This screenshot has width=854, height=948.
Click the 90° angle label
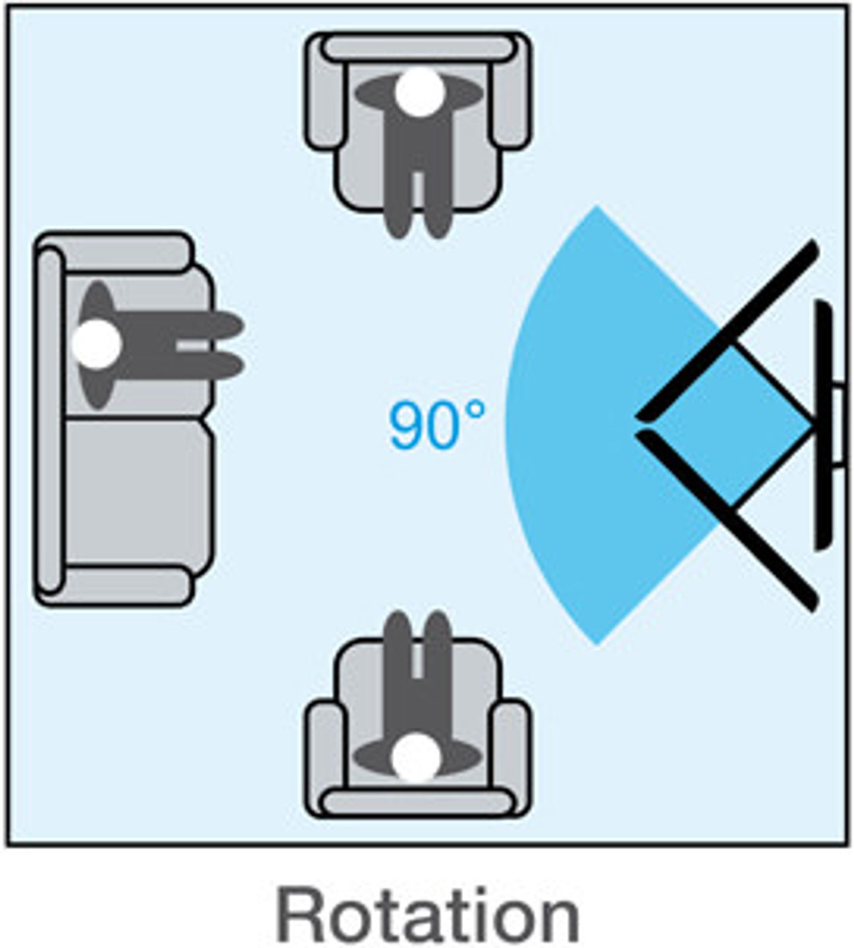coord(437,424)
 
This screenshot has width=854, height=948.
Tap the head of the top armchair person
coord(420,92)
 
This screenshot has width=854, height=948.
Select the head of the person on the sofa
coord(96,344)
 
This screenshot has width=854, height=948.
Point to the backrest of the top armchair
coord(418,48)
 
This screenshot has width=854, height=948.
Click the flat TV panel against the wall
coord(823,426)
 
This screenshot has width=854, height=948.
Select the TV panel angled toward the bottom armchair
coord(728,521)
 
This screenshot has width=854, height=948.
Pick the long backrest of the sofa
coord(49,419)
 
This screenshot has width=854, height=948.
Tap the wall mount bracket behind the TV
coord(841,426)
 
